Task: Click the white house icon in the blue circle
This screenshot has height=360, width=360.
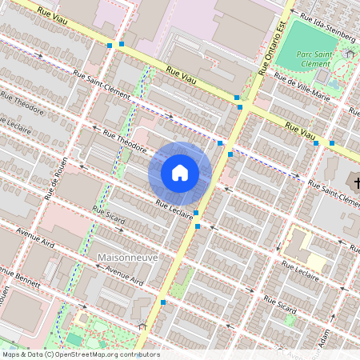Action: [x=180, y=172]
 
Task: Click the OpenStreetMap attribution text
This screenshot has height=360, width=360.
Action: [x=80, y=354]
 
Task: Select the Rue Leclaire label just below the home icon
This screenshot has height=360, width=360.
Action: [x=175, y=209]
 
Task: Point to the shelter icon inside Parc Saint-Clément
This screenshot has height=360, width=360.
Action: [x=349, y=52]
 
